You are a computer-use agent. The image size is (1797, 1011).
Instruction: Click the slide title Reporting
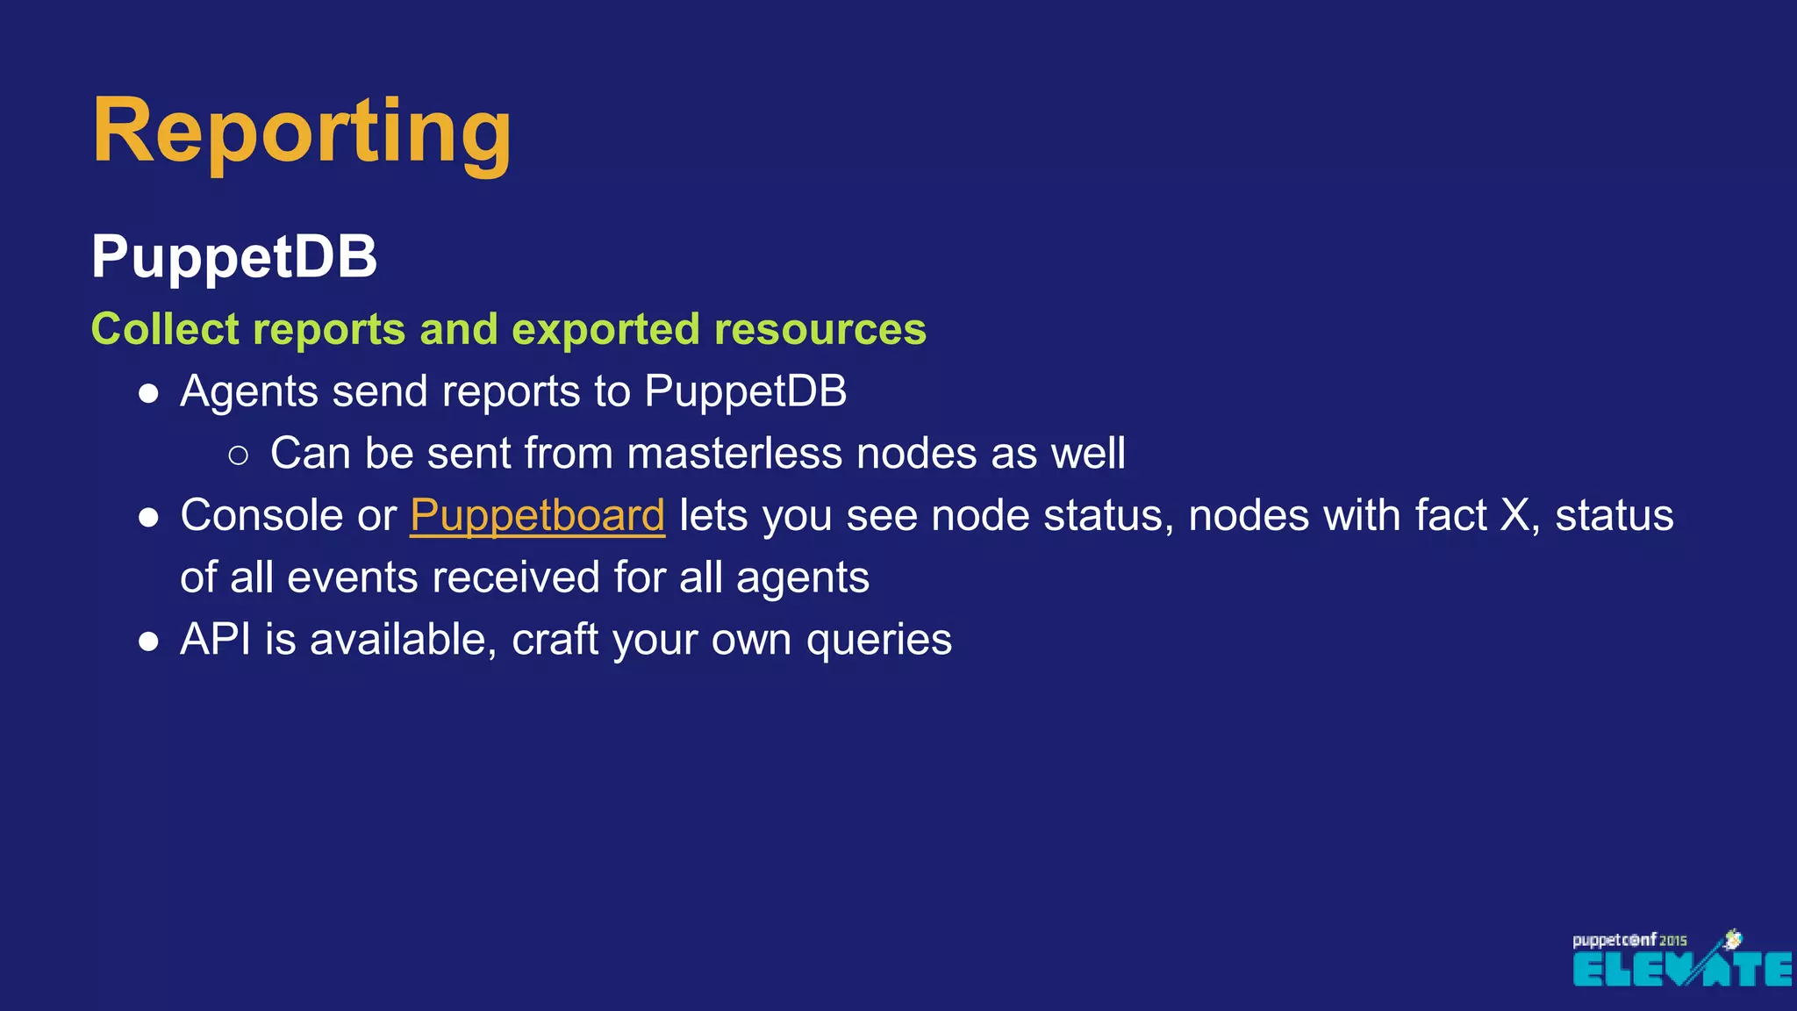coord(301,132)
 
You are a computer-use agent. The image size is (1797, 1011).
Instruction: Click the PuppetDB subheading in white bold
coord(233,257)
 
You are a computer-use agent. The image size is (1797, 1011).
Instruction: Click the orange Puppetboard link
coord(537,516)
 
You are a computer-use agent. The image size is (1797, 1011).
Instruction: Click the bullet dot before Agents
coord(148,393)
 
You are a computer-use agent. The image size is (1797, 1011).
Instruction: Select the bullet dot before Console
coord(148,518)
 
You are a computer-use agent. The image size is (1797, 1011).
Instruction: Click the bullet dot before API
coord(148,642)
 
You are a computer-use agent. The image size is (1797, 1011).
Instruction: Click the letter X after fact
coord(1515,515)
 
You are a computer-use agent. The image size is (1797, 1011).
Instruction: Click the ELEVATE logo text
coord(1680,969)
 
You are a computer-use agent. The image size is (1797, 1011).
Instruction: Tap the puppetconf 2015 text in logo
coord(1628,940)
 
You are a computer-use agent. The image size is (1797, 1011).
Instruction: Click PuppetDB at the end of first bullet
coord(745,391)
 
